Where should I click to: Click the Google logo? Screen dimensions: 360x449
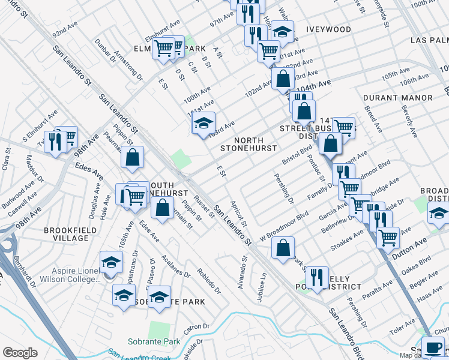tap(20, 352)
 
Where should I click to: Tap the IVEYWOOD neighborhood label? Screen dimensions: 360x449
tap(328, 29)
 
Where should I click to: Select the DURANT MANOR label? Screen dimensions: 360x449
tap(398, 98)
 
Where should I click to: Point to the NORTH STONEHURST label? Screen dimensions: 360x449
tap(249, 143)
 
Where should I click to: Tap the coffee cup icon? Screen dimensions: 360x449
tap(433, 347)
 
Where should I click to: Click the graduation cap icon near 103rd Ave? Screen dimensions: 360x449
tap(204, 123)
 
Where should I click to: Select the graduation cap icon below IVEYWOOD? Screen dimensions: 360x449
tap(282, 31)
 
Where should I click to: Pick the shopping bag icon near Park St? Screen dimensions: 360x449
tap(283, 247)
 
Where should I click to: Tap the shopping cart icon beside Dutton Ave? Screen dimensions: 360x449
tap(388, 238)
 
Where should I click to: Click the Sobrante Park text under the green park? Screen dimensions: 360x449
tap(154, 341)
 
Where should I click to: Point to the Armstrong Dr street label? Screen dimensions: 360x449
tap(131, 68)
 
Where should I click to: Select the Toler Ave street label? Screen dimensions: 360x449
tap(402, 325)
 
